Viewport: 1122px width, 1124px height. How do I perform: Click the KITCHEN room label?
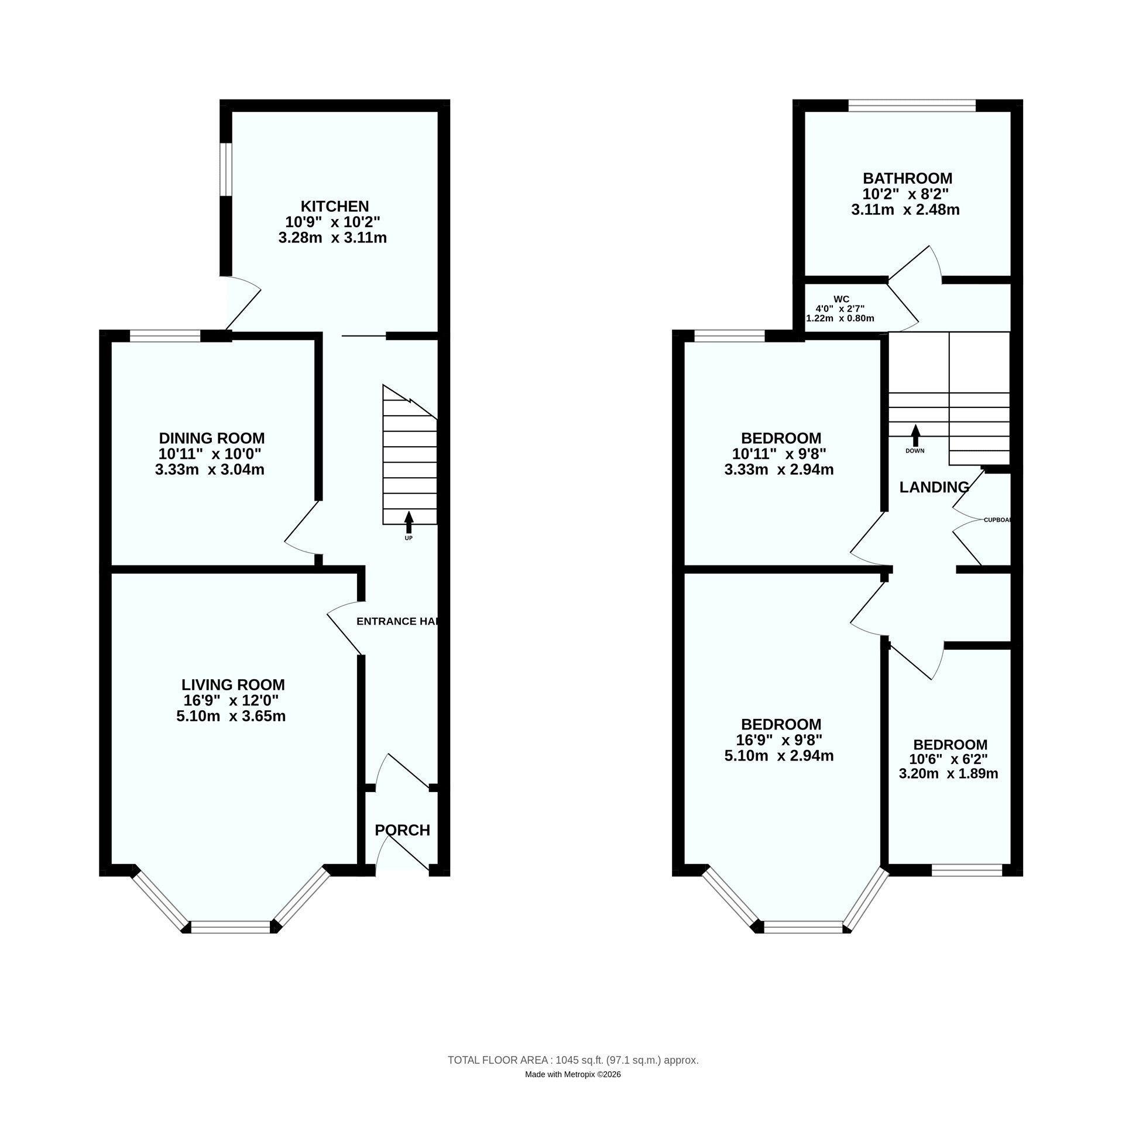pyautogui.click(x=334, y=206)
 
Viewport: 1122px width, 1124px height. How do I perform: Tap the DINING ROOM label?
pyautogui.click(x=211, y=438)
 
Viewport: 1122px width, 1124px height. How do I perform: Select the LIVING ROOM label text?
pyautogui.click(x=233, y=684)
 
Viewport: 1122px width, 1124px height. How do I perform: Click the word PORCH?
pyautogui.click(x=402, y=830)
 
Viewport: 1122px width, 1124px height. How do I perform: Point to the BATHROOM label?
pyautogui.click(x=907, y=178)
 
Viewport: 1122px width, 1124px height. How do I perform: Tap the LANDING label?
pyautogui.click(x=934, y=487)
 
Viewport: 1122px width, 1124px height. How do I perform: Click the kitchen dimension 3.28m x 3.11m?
pyautogui.click(x=332, y=238)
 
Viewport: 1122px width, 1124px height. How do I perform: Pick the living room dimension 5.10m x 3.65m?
pyautogui.click(x=231, y=716)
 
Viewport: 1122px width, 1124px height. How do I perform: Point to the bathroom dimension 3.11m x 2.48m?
pyautogui.click(x=905, y=210)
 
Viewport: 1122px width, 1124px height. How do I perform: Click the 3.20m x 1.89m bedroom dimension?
pyautogui.click(x=948, y=774)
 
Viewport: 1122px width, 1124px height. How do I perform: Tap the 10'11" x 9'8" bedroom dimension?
pyautogui.click(x=778, y=454)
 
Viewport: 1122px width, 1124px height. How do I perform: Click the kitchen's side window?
pyautogui.click(x=227, y=169)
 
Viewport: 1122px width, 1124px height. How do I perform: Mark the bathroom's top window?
pyautogui.click(x=912, y=105)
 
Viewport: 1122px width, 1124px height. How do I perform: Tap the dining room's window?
pyautogui.click(x=165, y=335)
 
